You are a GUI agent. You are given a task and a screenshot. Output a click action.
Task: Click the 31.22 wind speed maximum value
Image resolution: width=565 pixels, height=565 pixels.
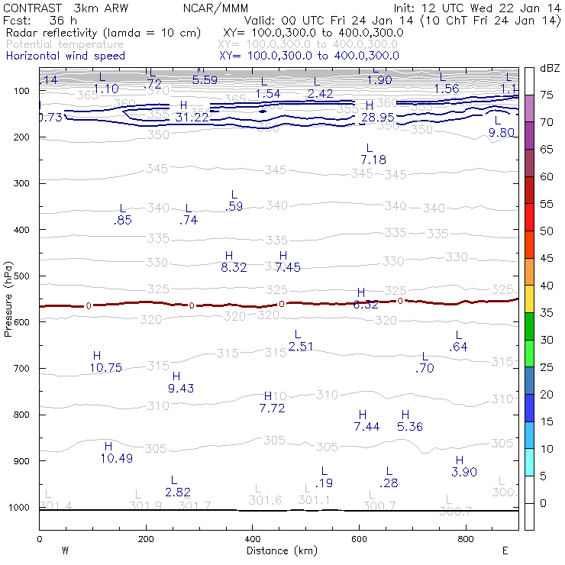pyautogui.click(x=192, y=118)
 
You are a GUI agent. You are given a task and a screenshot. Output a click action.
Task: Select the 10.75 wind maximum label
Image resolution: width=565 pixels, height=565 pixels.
pyautogui.click(x=105, y=368)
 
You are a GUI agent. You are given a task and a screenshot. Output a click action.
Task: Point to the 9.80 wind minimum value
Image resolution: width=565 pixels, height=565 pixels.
pyautogui.click(x=503, y=133)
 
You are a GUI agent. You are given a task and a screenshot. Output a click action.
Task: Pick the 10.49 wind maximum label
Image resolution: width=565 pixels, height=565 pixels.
pyautogui.click(x=116, y=458)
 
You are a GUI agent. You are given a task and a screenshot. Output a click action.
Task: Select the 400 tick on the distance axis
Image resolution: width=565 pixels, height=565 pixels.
pyautogui.click(x=252, y=539)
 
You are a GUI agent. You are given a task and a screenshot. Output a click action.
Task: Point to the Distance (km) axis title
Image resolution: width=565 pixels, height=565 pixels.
pyautogui.click(x=278, y=550)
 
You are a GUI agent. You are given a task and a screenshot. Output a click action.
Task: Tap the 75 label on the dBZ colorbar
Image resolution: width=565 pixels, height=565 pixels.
pyautogui.click(x=547, y=95)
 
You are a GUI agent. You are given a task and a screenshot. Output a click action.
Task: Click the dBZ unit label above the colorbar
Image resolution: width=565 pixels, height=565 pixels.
pyautogui.click(x=548, y=69)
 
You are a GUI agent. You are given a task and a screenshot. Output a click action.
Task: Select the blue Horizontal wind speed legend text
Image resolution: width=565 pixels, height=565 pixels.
pyautogui.click(x=65, y=56)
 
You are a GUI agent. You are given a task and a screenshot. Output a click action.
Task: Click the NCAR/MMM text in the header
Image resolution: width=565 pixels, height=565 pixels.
pyautogui.click(x=213, y=8)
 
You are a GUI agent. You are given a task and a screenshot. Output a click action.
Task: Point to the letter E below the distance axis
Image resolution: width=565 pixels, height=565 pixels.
pyautogui.click(x=505, y=550)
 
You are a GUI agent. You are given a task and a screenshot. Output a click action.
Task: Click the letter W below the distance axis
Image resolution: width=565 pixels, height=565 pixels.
pyautogui.click(x=65, y=550)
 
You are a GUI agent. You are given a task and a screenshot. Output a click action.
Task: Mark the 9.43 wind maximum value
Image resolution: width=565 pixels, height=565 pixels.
pyautogui.click(x=180, y=389)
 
